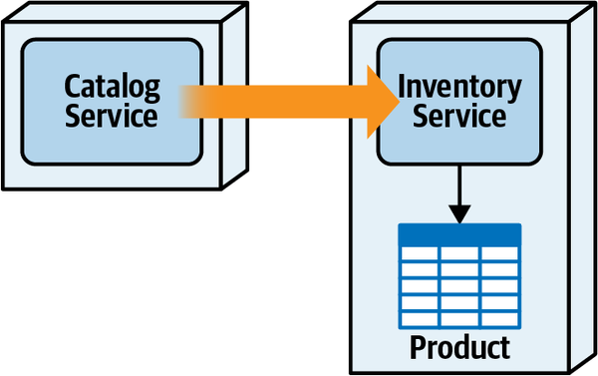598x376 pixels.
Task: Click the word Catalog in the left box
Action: coord(113,85)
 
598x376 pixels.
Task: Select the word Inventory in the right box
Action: coord(458,87)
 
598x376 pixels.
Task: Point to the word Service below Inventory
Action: coord(458,116)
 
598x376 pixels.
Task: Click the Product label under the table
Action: coord(459,347)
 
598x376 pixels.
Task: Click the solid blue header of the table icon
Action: coord(458,235)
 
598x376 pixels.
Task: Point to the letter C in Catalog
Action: coord(72,85)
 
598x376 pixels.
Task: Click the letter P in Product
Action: coord(419,347)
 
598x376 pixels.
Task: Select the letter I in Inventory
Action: coord(402,87)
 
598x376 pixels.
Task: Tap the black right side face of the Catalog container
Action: coord(233,100)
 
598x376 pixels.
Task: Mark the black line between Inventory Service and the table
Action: coord(458,185)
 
